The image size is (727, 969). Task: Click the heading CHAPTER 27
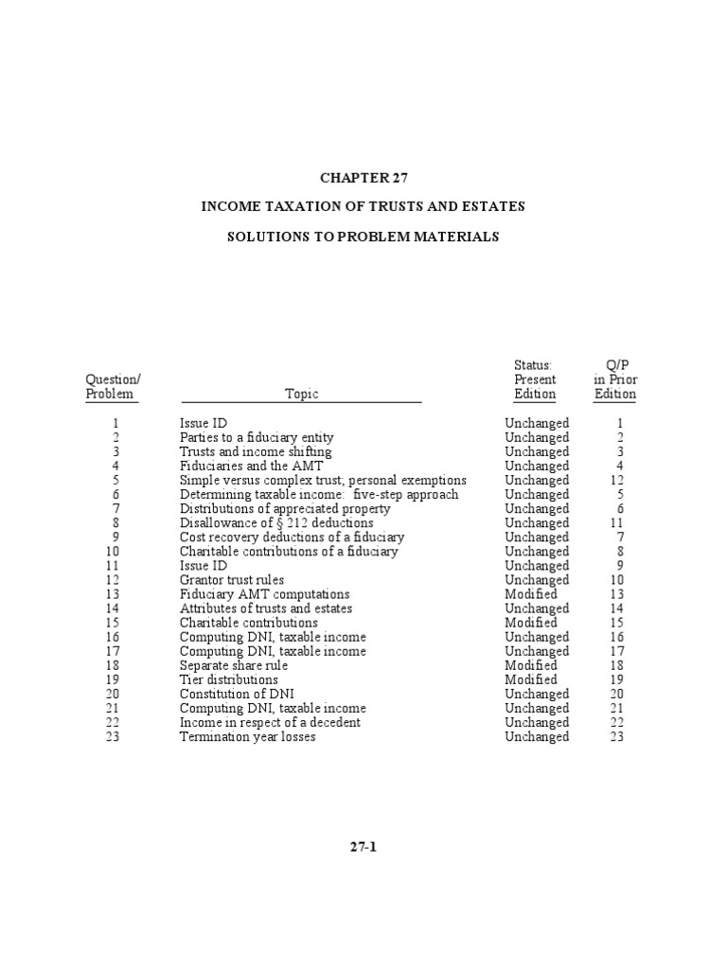(x=363, y=177)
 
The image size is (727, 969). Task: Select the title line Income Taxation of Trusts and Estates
(x=363, y=206)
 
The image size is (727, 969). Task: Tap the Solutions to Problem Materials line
(x=363, y=236)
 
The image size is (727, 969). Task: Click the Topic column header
(x=301, y=395)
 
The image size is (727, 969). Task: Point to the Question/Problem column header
(x=113, y=387)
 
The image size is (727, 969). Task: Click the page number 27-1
(x=363, y=847)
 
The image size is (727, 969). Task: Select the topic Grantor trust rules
(x=232, y=580)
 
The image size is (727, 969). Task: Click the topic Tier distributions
(x=229, y=679)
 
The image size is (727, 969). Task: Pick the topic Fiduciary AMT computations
(x=264, y=594)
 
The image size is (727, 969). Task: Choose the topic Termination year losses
(x=248, y=736)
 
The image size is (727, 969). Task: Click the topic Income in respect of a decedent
(x=270, y=722)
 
